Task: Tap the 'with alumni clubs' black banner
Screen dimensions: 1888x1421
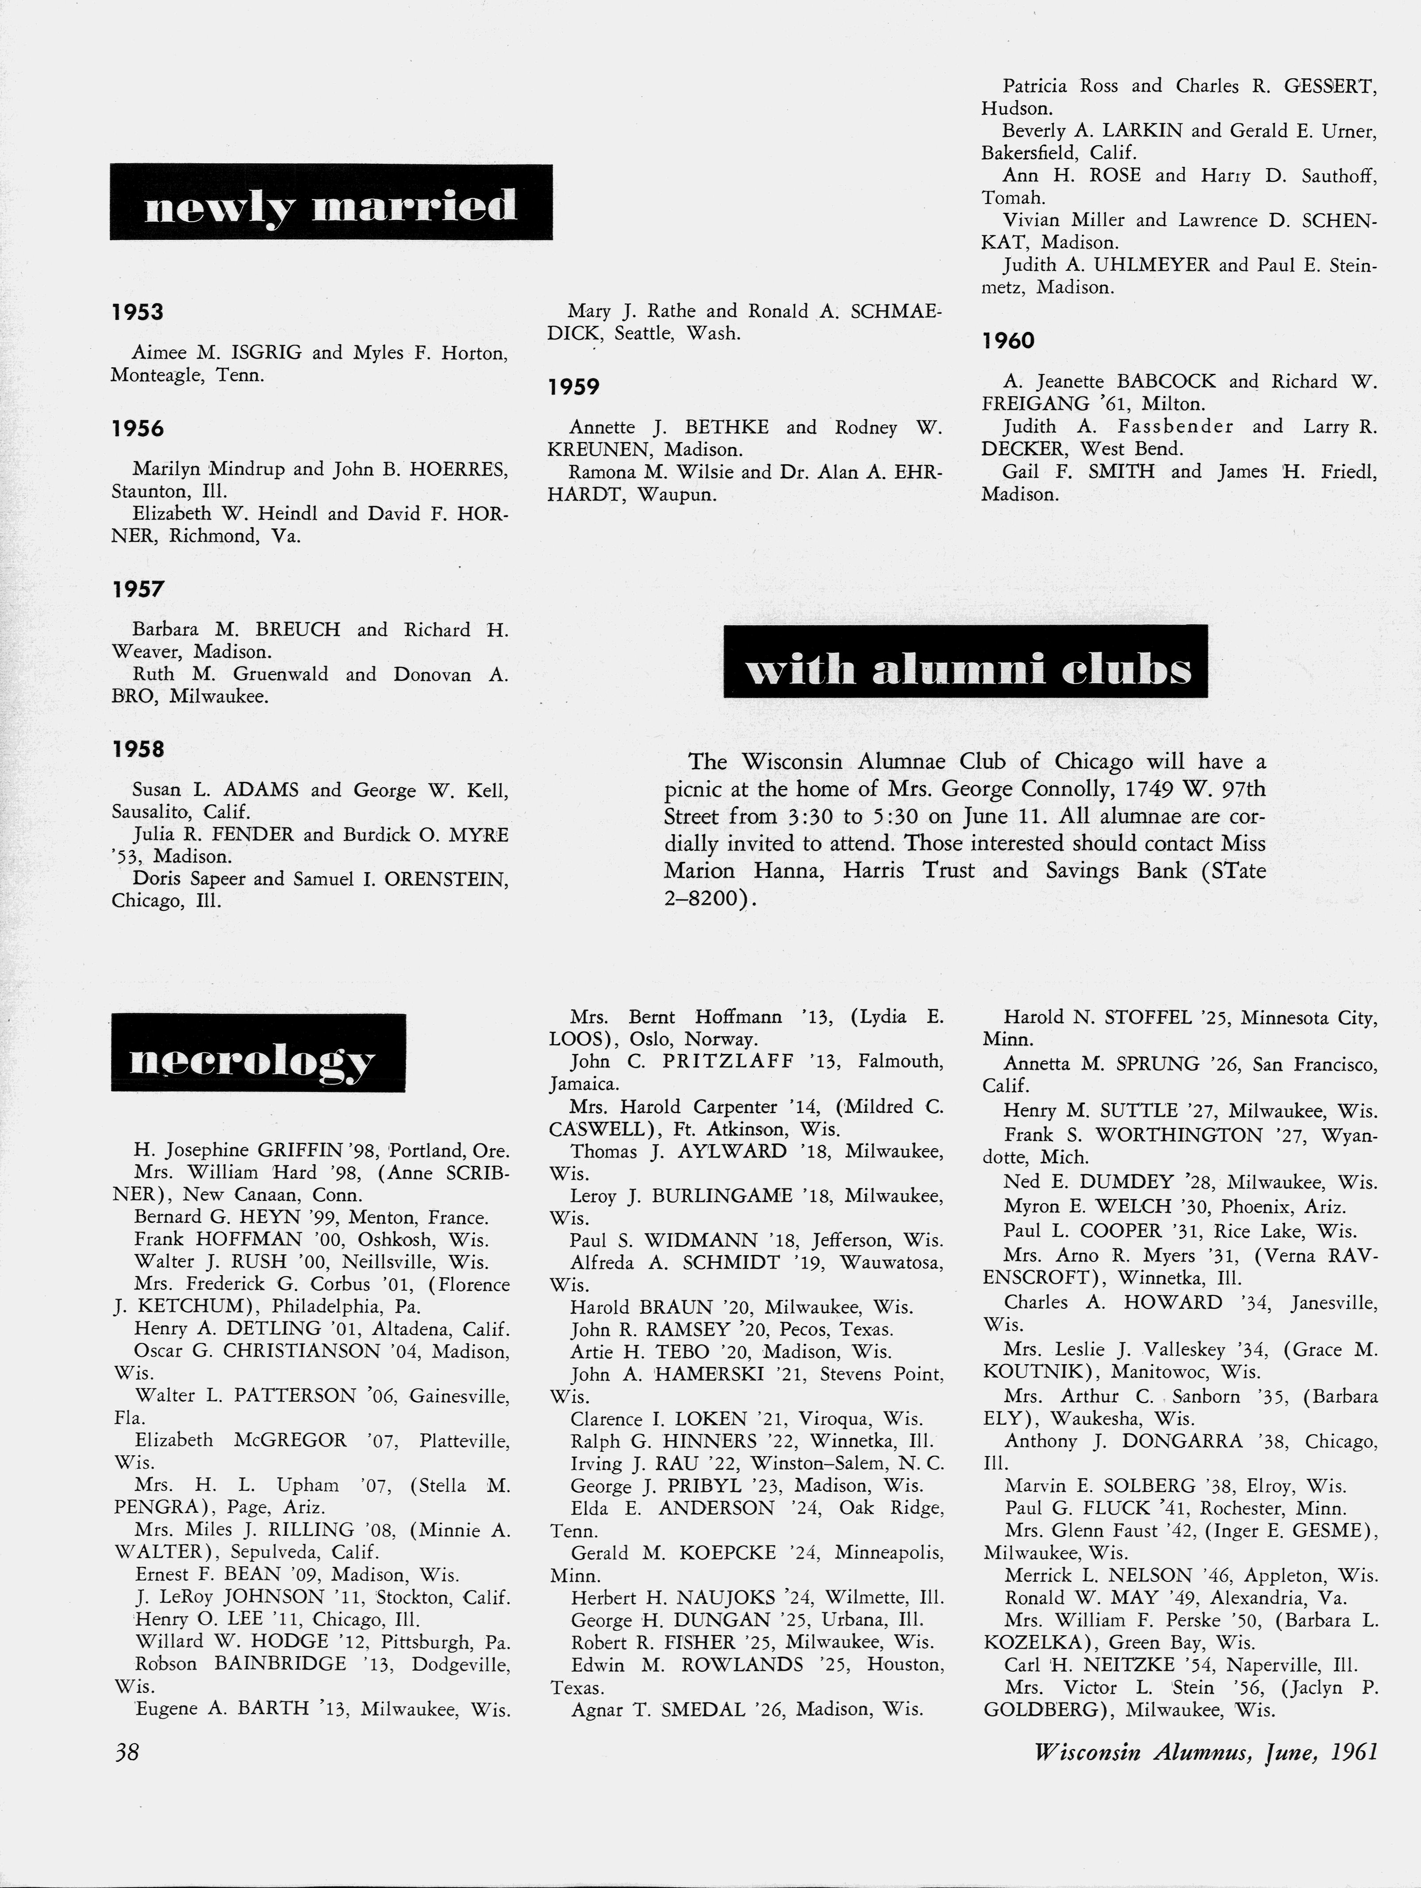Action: [x=965, y=661]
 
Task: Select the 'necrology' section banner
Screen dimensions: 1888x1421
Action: [x=258, y=1052]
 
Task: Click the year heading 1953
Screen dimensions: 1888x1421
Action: [x=138, y=312]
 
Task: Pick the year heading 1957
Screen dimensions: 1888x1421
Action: [x=138, y=589]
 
